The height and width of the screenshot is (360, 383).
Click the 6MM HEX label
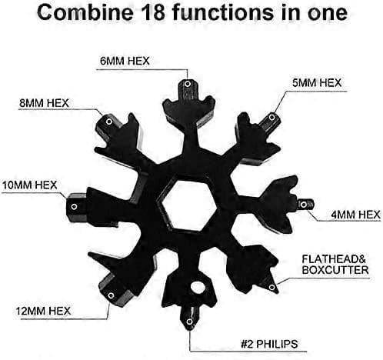point(125,62)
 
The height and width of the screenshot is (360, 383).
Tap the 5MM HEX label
point(317,83)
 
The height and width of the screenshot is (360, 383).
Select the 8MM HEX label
point(44,103)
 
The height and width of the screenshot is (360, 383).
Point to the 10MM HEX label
point(29,185)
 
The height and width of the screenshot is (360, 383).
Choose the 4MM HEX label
point(355,215)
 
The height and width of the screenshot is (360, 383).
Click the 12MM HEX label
point(43,311)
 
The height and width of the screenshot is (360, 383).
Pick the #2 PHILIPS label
point(269,344)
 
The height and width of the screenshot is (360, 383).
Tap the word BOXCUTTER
point(335,270)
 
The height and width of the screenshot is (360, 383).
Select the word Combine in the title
point(85,12)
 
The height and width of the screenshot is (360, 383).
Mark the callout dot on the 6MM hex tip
point(188,84)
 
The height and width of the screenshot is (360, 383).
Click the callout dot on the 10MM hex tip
point(74,206)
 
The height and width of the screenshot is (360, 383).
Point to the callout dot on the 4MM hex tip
point(303,205)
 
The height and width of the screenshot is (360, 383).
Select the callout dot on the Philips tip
point(189,322)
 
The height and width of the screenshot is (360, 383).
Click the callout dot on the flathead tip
point(272,287)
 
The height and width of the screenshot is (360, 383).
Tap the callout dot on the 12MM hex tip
point(111,295)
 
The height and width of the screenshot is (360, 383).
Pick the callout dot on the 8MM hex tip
point(109,122)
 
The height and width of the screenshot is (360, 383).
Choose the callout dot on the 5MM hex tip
point(271,118)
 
